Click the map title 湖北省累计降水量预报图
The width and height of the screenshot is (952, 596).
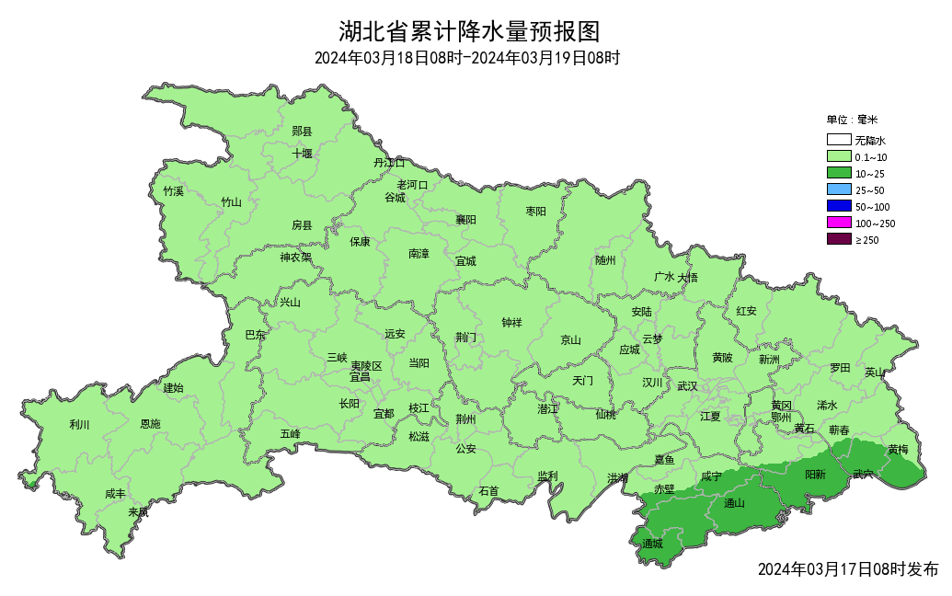tap(469, 31)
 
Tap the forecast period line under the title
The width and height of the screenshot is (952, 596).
tap(467, 59)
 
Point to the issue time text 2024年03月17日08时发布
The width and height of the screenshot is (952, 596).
tap(847, 569)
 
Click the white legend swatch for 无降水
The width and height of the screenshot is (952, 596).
tap(838, 141)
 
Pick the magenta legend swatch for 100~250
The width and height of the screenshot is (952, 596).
tap(838, 223)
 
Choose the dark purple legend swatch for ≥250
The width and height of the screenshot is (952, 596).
tap(838, 240)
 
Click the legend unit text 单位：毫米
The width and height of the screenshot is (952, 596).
tap(852, 120)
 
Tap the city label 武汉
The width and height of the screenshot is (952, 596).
tap(687, 386)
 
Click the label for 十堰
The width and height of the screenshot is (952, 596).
tap(303, 154)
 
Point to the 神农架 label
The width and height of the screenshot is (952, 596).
tap(296, 258)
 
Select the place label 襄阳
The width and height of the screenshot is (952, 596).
tap(466, 220)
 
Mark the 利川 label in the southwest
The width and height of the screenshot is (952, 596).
tap(80, 425)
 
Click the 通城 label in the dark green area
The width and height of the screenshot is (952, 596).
tap(652, 544)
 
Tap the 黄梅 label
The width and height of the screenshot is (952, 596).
tap(898, 450)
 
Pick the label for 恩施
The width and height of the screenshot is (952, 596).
tap(150, 425)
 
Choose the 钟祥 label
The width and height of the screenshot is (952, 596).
tap(511, 323)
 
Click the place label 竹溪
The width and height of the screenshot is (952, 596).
tap(173, 191)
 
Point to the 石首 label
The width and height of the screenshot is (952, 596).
tap(488, 490)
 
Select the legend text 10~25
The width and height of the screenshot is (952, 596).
tap(870, 174)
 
